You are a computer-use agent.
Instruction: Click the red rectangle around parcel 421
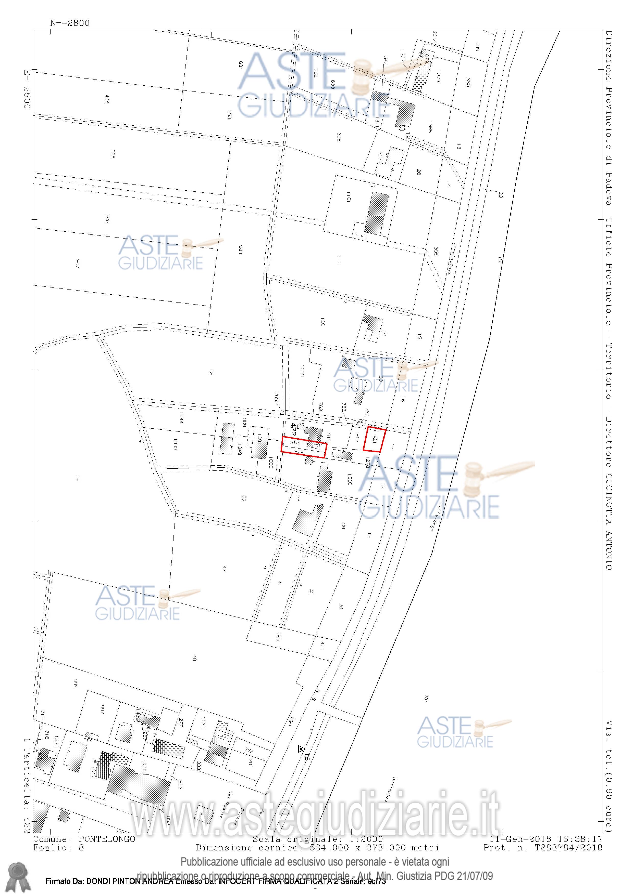pyautogui.click(x=374, y=440)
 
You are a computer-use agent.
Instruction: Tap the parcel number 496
pyautogui.click(x=107, y=100)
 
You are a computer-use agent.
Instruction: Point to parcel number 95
pyautogui.click(x=77, y=479)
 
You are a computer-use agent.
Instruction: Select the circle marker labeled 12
pyautogui.click(x=402, y=127)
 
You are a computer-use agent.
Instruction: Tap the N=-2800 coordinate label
pyautogui.click(x=70, y=23)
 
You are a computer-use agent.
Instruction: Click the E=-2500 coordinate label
pyautogui.click(x=27, y=89)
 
